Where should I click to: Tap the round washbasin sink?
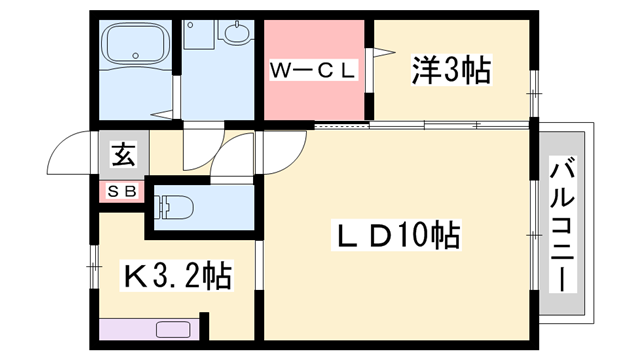pos(237,35)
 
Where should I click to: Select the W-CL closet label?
pos(311,72)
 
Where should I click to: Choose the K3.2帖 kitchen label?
pos(177,273)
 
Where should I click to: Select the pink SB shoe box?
pos(123,189)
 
